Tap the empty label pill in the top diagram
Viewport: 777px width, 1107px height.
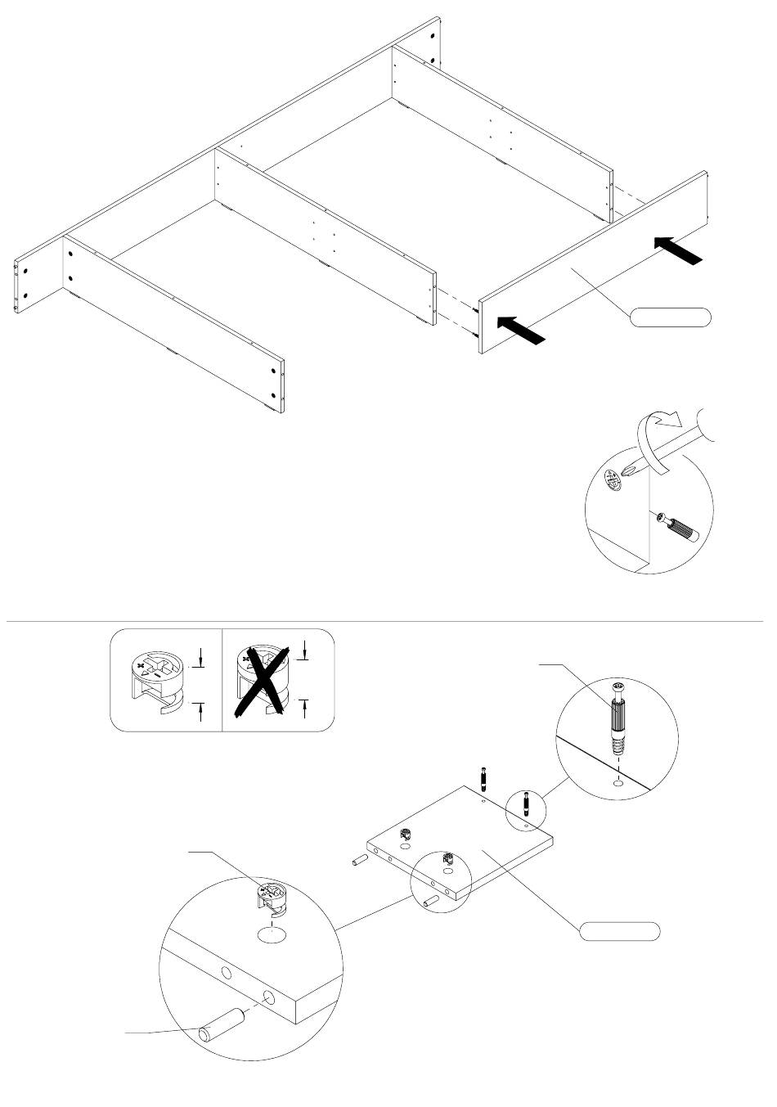670,317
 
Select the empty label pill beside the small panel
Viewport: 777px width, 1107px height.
620,931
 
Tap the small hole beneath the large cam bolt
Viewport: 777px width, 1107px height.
618,784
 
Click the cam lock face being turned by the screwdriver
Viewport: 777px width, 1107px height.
613,480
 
